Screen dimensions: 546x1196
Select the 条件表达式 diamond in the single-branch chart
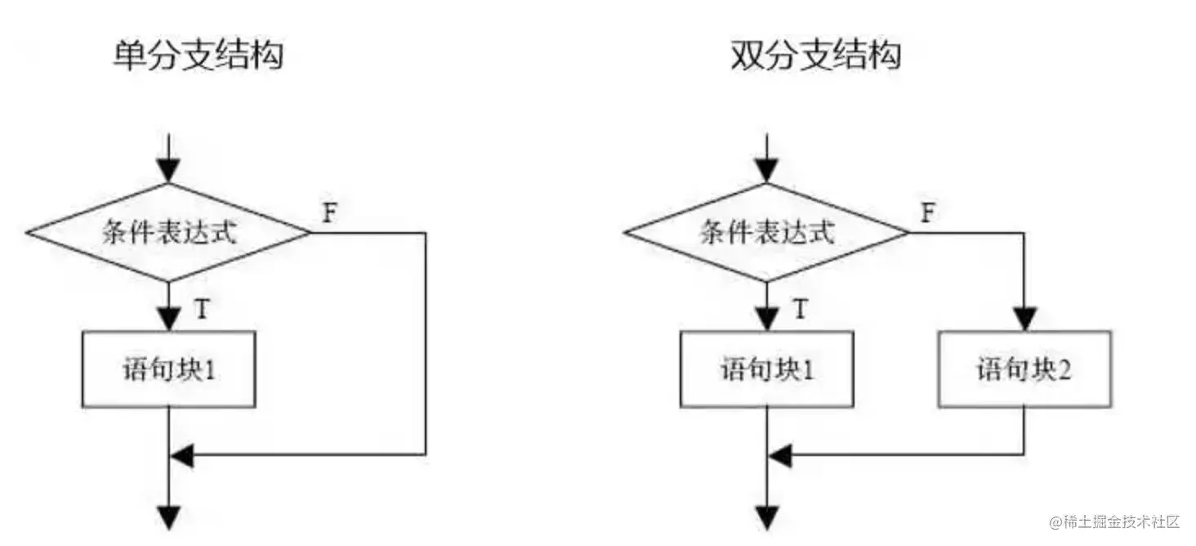click(x=169, y=233)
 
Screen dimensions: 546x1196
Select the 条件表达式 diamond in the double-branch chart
click(x=767, y=233)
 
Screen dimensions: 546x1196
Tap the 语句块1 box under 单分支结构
click(x=169, y=369)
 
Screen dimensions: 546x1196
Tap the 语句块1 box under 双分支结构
click(x=767, y=369)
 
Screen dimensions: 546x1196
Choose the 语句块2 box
click(x=1024, y=369)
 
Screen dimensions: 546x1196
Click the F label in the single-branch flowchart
click(x=329, y=213)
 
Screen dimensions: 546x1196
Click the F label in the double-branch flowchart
click(x=928, y=213)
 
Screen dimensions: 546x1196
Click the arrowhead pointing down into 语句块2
click(x=1024, y=320)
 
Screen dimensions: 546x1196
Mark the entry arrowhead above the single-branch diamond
click(x=169, y=171)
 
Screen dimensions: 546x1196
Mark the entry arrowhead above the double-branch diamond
click(x=767, y=171)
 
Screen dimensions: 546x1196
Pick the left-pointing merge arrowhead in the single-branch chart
click(x=181, y=454)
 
